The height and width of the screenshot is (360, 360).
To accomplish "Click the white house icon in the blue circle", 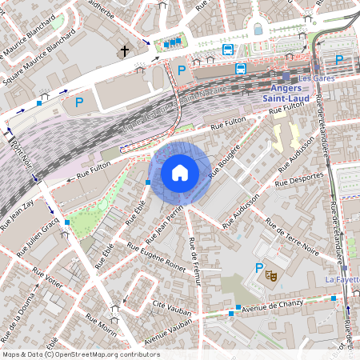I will [180, 172].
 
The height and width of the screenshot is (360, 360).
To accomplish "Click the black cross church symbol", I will [124, 51].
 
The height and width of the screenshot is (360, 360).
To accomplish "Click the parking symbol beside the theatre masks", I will [258, 268].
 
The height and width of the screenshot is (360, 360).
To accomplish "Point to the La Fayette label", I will [342, 279].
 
